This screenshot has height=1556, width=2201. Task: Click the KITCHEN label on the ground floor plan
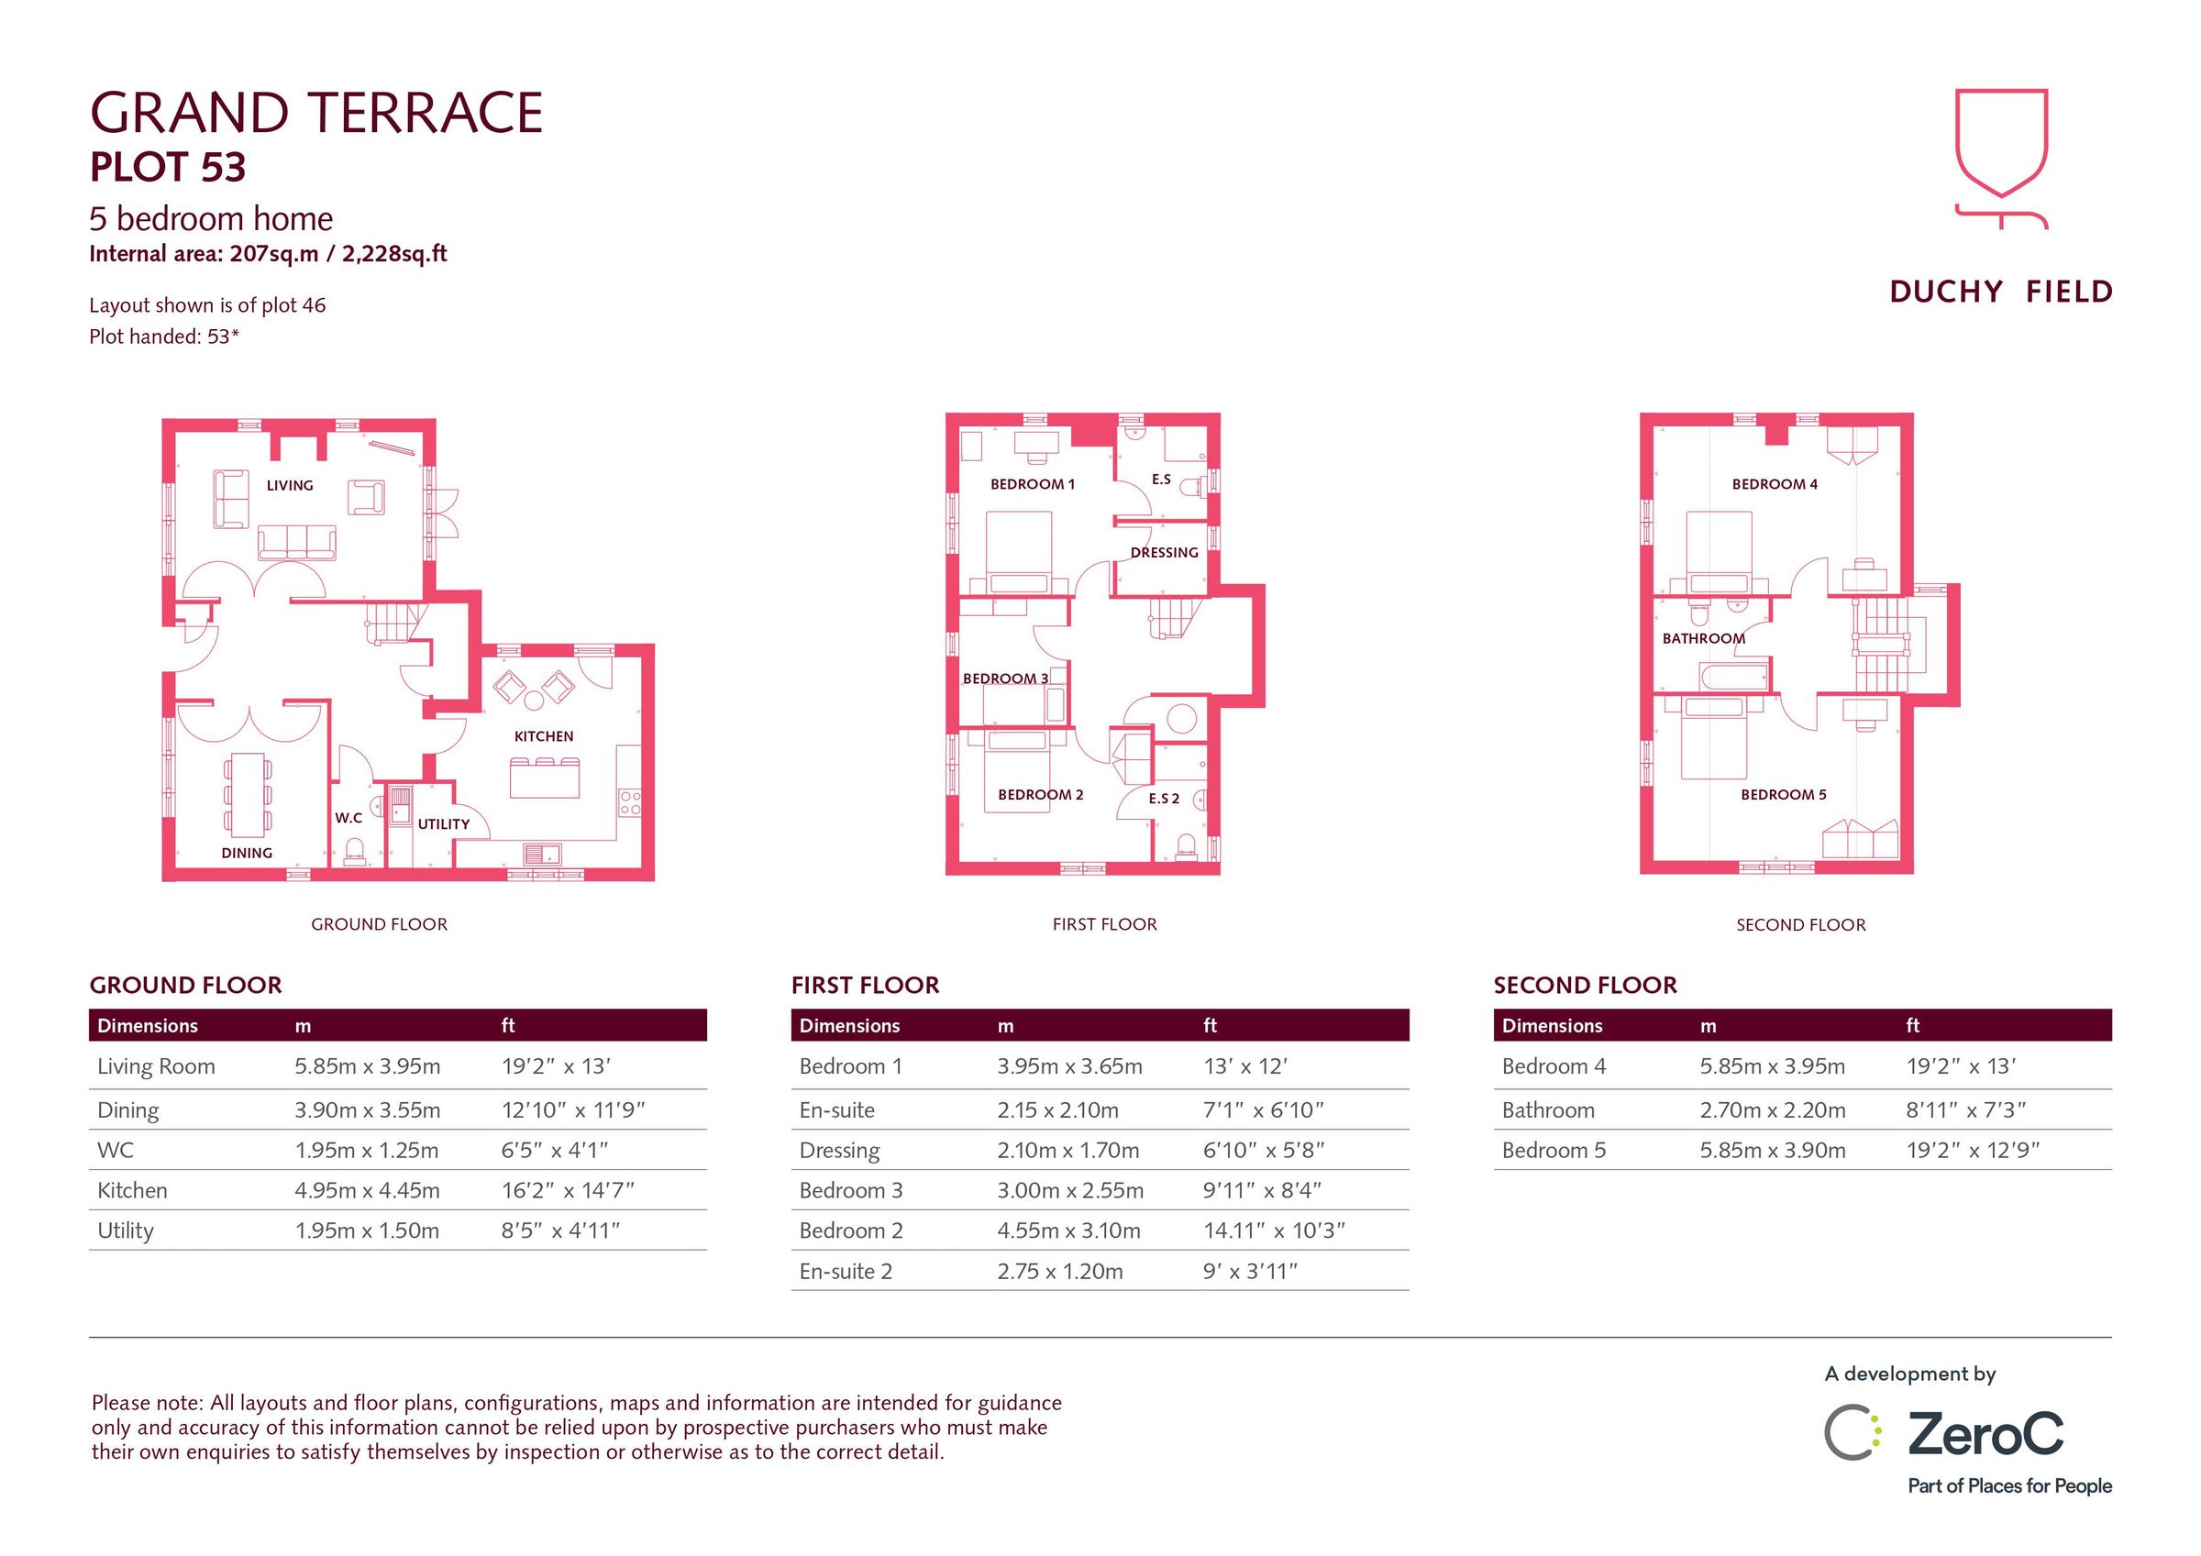pos(544,736)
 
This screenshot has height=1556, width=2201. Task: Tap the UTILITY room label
pos(444,823)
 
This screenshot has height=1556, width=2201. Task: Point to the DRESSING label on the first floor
pos(1164,552)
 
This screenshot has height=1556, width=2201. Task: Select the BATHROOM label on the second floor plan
pos(1703,638)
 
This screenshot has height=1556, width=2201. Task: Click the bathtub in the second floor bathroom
pos(1734,678)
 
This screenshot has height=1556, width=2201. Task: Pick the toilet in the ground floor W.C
pos(355,851)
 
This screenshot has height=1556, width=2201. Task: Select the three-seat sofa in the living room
pos(297,543)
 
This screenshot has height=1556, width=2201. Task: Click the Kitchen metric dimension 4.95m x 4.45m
pos(367,1191)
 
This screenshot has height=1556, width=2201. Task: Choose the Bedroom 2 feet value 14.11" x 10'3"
pos(1274,1231)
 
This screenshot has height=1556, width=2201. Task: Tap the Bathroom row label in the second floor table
pos(1548,1110)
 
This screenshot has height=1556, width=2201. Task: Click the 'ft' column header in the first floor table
pos(1210,1026)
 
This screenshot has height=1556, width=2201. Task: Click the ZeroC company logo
pos(1946,1434)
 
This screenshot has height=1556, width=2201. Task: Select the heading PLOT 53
pos(168,168)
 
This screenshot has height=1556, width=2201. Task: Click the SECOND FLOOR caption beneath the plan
pos(1800,925)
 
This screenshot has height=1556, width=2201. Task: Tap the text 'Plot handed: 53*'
pos(164,337)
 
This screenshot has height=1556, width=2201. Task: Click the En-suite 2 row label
pos(846,1271)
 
